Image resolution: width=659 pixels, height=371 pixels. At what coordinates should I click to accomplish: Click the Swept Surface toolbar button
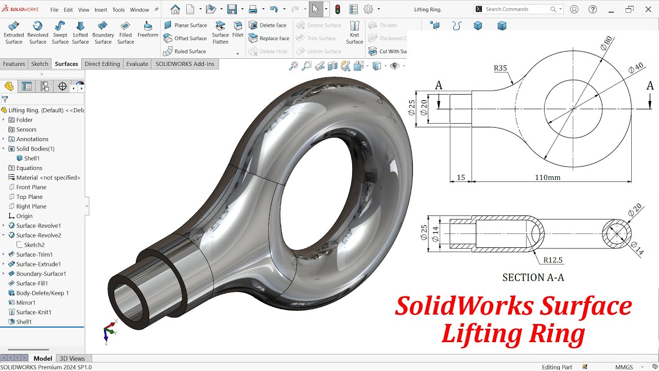[60, 32]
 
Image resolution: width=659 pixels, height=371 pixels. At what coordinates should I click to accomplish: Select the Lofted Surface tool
[80, 32]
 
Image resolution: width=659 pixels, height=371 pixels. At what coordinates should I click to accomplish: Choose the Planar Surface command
[185, 25]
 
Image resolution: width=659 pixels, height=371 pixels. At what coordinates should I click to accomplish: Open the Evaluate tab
[137, 64]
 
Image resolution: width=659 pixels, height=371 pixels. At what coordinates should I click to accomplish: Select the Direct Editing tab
[102, 64]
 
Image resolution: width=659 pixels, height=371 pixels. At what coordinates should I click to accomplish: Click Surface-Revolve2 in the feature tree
[39, 235]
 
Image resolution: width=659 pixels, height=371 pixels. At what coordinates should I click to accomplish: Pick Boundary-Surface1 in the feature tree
[41, 274]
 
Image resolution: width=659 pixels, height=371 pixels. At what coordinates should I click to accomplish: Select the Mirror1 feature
[26, 302]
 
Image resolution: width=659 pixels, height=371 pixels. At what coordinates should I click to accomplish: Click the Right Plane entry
[31, 207]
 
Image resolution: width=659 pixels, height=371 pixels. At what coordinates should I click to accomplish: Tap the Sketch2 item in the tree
[34, 245]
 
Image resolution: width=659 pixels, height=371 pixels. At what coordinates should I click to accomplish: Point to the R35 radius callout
[500, 68]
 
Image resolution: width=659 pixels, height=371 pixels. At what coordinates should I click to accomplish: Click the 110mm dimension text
[547, 177]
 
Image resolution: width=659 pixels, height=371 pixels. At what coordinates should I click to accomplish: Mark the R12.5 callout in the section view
[552, 261]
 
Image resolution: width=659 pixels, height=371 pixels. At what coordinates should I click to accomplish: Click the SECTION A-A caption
[533, 278]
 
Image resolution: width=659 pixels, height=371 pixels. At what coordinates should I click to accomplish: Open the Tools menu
[118, 10]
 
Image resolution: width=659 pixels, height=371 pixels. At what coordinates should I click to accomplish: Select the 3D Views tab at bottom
[72, 359]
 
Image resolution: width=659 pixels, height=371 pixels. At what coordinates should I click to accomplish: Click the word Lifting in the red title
[473, 334]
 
